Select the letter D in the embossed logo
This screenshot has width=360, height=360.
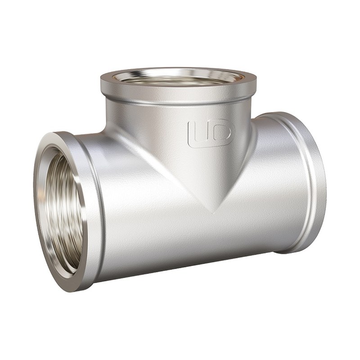click(221, 133)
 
